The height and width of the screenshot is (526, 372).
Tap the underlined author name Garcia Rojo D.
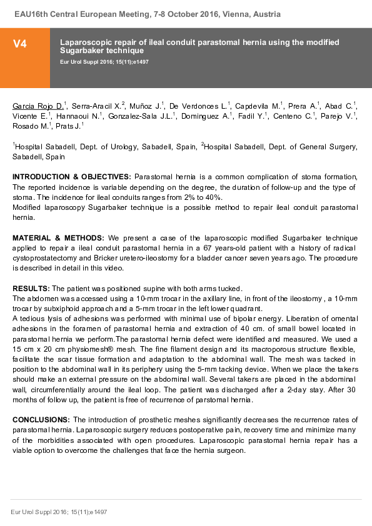tap(38, 106)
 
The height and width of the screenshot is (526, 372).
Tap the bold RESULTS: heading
tap(31, 289)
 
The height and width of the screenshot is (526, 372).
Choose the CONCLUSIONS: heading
tap(41, 420)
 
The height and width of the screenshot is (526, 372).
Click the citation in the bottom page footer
tap(59, 512)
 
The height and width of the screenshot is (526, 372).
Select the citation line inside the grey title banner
tap(104, 62)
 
